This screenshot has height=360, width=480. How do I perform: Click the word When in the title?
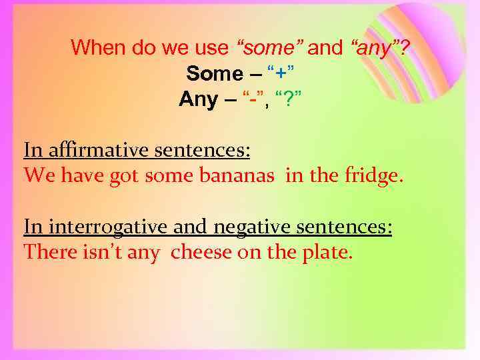(x=96, y=47)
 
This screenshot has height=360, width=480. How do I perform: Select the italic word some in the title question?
(x=270, y=47)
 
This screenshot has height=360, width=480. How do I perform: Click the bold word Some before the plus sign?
(x=215, y=73)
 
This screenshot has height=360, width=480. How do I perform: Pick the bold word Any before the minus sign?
(x=198, y=99)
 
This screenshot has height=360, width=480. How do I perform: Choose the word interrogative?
(x=103, y=227)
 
